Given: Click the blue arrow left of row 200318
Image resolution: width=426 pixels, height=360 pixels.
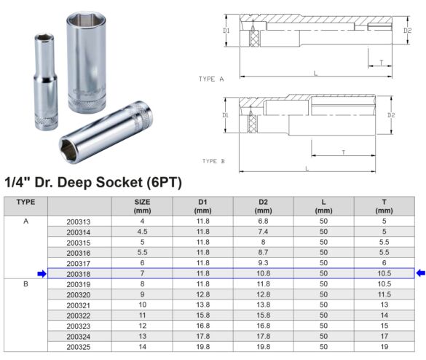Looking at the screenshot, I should (x=42, y=273).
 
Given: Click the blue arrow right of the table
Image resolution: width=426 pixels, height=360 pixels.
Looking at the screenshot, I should (x=420, y=273).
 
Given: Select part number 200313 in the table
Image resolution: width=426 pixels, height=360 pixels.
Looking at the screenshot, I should (x=79, y=222).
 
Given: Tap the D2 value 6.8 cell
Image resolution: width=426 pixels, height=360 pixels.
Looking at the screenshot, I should (x=263, y=222).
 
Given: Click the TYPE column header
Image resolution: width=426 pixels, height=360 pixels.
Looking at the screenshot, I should (x=26, y=201).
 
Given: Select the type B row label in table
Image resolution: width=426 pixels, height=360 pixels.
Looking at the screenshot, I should (x=26, y=283).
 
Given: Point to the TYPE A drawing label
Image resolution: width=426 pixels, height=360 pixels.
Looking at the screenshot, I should (x=211, y=78).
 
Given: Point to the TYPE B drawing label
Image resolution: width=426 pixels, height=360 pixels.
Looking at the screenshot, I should (x=214, y=160).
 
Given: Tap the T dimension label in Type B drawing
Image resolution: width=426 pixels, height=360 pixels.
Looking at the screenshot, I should (x=342, y=152).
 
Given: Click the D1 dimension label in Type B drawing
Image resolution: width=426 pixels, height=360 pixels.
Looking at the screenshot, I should (x=226, y=116).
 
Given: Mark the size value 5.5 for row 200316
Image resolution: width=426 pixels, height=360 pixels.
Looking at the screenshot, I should (x=143, y=252).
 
